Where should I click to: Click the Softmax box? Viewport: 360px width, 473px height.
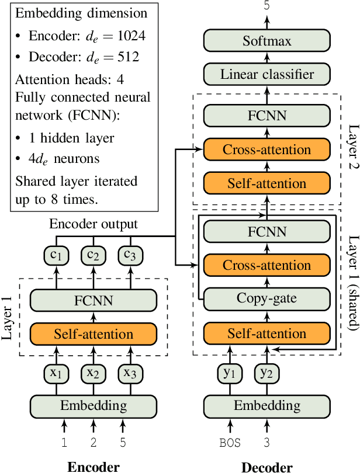[267, 41]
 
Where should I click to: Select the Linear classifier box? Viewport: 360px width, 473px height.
[267, 74]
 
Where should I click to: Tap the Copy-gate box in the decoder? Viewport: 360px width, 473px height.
[267, 299]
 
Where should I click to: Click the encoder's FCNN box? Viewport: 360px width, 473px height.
[94, 301]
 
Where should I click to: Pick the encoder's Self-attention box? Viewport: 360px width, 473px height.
[94, 335]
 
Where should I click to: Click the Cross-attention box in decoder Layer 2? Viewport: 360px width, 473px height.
[267, 149]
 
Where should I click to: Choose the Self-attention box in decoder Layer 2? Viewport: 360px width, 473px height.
[267, 183]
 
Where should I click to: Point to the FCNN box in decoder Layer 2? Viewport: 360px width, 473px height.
[267, 116]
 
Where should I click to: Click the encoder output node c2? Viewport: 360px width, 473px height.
[94, 255]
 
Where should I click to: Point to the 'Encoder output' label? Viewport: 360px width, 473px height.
[94, 224]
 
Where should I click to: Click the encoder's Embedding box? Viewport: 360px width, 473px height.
[94, 405]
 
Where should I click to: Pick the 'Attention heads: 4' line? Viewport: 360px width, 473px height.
[70, 78]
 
